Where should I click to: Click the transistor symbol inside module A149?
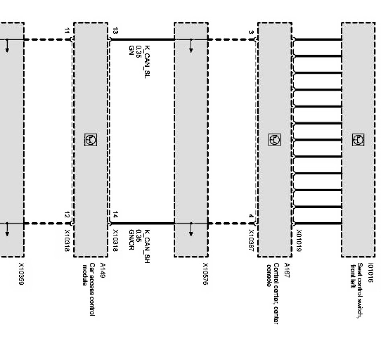point(90,140)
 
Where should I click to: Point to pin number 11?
point(67,31)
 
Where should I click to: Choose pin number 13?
point(115,31)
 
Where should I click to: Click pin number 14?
point(115,216)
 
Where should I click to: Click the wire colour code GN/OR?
point(131,240)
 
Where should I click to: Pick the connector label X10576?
point(205,274)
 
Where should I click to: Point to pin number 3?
point(251,32)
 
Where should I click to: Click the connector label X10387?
point(251,240)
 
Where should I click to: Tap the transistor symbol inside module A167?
point(274,140)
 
